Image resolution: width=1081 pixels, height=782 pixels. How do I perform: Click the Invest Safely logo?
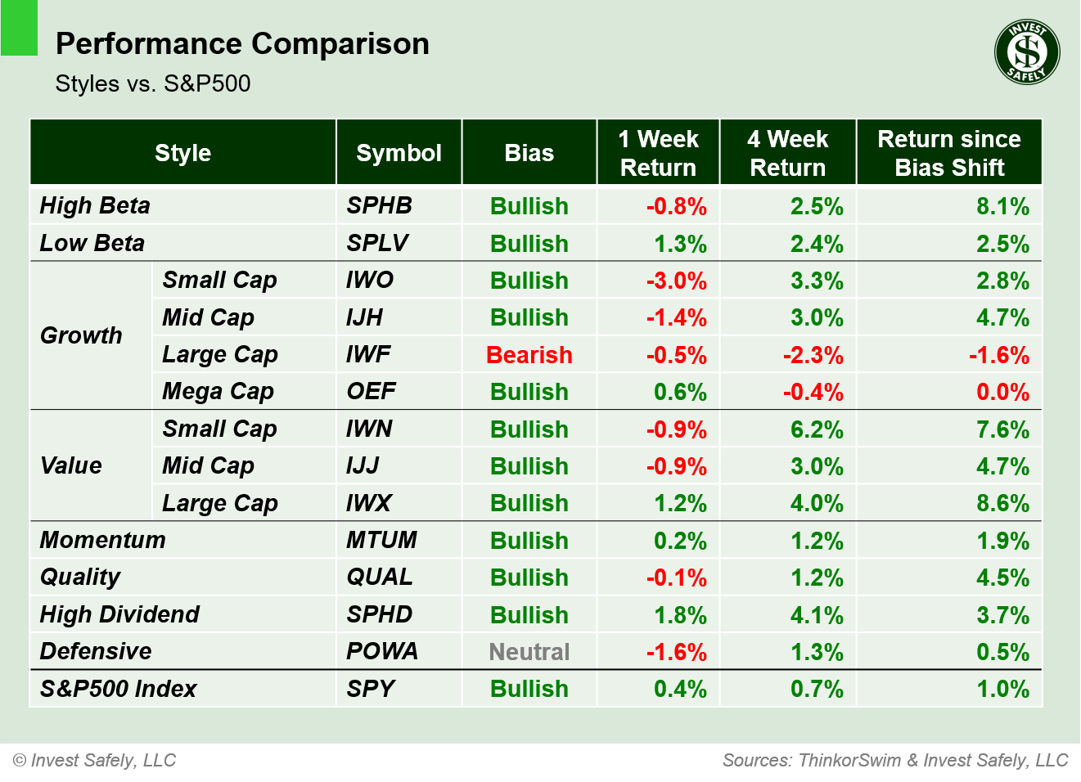[x=1027, y=52]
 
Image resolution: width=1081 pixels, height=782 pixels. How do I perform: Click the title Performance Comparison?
[x=242, y=43]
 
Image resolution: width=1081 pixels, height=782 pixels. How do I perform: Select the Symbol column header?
[x=399, y=153]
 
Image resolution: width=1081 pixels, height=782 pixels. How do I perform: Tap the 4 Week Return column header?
[x=787, y=153]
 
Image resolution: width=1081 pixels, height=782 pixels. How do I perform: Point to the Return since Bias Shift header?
[x=948, y=153]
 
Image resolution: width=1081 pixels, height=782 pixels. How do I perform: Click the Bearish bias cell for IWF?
[x=529, y=355]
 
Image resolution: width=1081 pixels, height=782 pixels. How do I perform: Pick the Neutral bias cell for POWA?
[x=529, y=652]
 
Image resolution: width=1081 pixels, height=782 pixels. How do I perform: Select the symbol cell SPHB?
[x=379, y=205]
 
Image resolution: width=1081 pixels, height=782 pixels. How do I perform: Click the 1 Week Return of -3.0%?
[x=676, y=281]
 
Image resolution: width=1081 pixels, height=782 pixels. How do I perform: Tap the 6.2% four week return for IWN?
[x=816, y=429]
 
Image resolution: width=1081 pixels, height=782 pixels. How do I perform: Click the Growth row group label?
[x=81, y=335]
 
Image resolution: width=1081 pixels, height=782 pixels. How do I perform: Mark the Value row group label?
[x=71, y=465]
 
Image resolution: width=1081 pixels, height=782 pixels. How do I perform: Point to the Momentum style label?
[x=102, y=540]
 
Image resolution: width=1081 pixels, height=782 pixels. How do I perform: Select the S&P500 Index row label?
[x=118, y=689]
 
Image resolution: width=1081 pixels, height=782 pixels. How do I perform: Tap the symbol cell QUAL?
[x=380, y=577]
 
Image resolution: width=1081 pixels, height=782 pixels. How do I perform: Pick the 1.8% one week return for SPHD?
[x=679, y=615]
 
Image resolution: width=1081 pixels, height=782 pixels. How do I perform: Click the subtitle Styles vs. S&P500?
[x=153, y=83]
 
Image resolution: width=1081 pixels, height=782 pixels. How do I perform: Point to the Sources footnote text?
[x=895, y=760]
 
